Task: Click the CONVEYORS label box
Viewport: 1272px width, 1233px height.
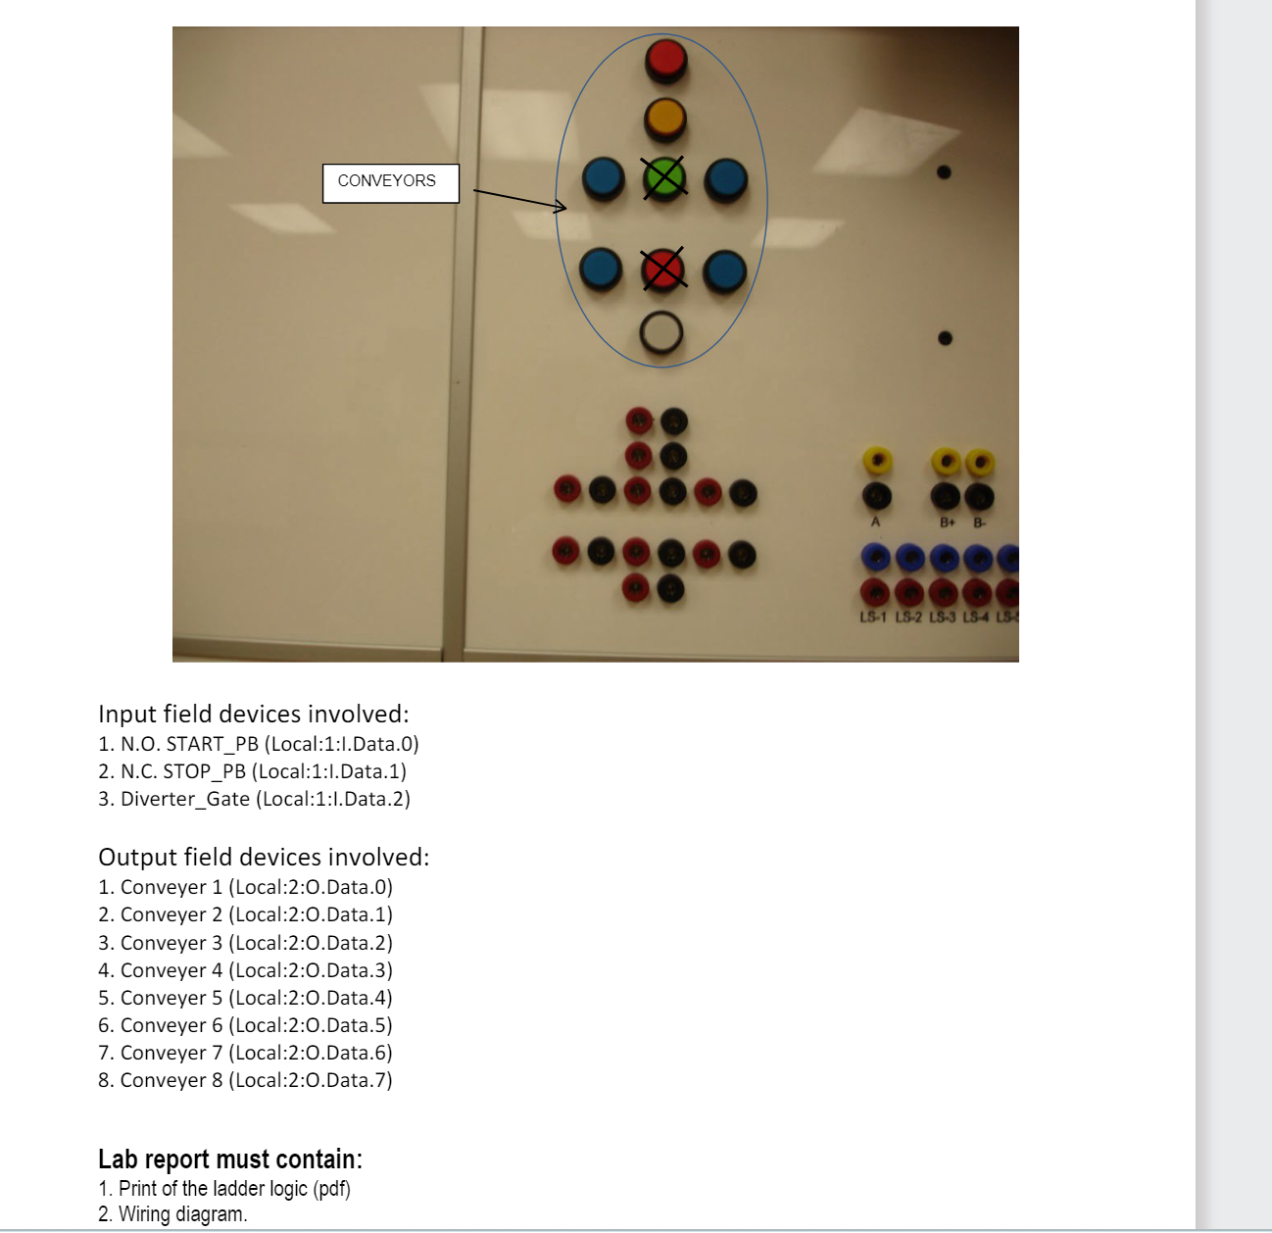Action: (x=390, y=182)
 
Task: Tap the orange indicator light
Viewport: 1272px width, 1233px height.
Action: (x=664, y=120)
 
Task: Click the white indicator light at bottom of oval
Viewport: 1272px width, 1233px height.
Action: (x=661, y=333)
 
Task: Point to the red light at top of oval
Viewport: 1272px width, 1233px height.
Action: (x=666, y=60)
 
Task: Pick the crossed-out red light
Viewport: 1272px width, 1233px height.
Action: (x=663, y=269)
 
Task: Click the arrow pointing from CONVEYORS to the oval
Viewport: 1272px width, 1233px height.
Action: (x=519, y=199)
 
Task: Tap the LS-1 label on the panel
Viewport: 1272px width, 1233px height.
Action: (x=873, y=616)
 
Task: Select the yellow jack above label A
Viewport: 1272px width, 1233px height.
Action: (x=876, y=460)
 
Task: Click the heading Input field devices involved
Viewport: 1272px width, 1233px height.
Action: (x=254, y=714)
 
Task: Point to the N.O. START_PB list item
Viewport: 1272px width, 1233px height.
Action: (x=259, y=744)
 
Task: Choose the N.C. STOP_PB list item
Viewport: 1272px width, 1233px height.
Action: (x=252, y=771)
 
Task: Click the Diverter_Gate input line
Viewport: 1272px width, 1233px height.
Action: (x=254, y=799)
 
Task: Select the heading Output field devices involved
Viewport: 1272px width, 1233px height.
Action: (x=264, y=857)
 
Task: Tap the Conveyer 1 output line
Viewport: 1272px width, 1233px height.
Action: (x=245, y=887)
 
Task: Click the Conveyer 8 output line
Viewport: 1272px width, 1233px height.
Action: (x=245, y=1080)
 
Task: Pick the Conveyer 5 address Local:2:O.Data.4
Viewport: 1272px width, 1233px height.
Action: (x=310, y=998)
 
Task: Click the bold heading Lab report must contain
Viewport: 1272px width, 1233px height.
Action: (x=230, y=1159)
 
